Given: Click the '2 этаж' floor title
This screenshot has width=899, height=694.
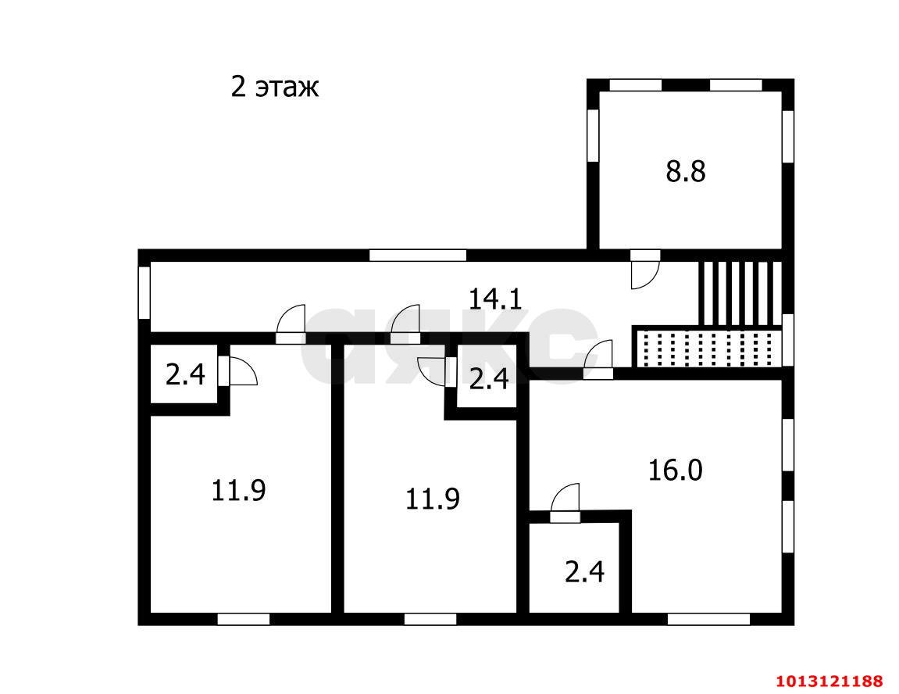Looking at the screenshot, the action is click(x=275, y=88).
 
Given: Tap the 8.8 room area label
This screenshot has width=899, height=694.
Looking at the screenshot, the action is click(x=686, y=171).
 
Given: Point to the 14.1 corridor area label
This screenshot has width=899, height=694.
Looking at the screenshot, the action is click(x=495, y=299).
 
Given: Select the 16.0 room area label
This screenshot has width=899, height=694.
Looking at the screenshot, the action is click(x=676, y=470).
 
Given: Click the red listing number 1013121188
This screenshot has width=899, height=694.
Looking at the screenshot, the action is click(x=829, y=681).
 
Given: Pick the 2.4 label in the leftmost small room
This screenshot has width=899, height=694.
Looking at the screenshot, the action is click(x=185, y=374).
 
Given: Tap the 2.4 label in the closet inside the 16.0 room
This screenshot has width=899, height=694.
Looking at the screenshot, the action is click(x=585, y=572).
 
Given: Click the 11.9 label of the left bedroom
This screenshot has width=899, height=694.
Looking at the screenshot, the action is click(x=238, y=490).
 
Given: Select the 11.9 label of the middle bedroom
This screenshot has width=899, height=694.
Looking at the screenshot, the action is click(x=432, y=499).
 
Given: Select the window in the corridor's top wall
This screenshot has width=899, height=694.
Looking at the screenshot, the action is click(x=417, y=256).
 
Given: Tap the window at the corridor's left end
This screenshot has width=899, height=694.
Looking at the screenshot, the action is click(x=144, y=292).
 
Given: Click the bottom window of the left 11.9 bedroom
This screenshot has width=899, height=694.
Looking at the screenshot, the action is click(x=244, y=619).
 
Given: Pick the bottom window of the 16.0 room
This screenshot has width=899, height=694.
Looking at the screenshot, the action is click(x=708, y=619).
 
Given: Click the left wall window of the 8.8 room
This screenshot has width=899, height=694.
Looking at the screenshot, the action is click(x=593, y=134).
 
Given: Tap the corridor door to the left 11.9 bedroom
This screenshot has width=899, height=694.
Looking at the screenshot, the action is click(x=291, y=324).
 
